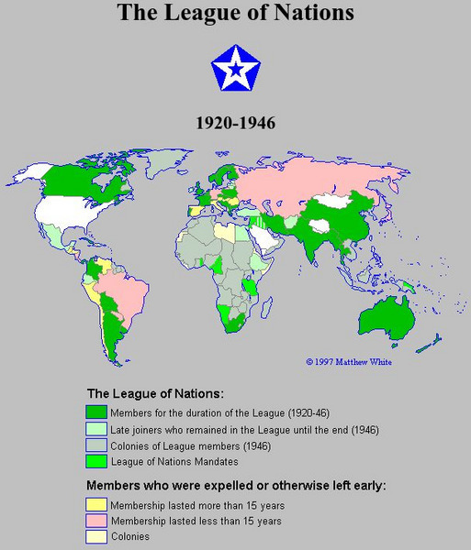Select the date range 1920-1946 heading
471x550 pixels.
click(x=236, y=122)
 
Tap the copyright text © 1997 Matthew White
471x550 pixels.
click(x=348, y=362)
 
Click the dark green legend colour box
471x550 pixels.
click(x=96, y=412)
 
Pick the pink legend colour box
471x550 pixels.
click(x=96, y=521)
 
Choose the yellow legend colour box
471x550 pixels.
click(x=96, y=505)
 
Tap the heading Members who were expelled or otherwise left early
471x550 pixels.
click(x=235, y=486)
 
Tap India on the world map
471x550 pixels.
click(x=318, y=238)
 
